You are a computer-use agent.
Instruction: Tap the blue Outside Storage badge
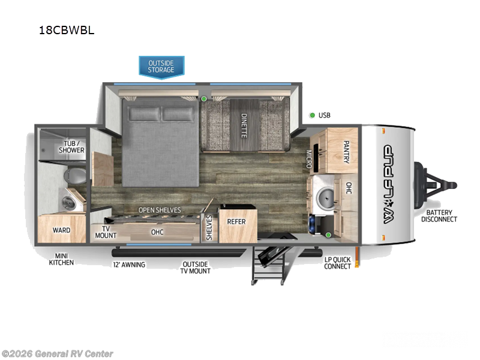[x=161, y=66]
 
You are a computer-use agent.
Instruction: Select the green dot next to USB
[x=312, y=115]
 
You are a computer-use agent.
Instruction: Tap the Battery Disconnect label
[x=439, y=215]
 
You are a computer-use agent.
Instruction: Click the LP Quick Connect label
[x=338, y=262]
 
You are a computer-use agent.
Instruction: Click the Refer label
[x=236, y=221]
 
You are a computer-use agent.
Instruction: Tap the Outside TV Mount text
[x=195, y=267]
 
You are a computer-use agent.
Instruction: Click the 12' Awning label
[x=129, y=264]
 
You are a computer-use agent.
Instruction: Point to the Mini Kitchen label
[x=62, y=259]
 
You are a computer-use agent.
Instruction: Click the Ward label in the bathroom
[x=62, y=230]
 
